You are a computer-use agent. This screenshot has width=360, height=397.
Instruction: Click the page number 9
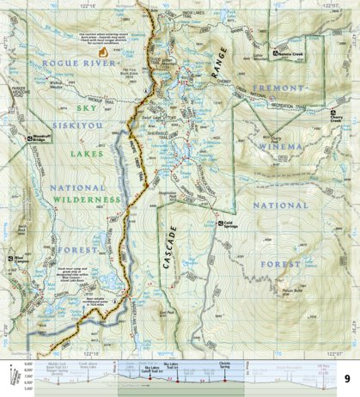point(345,379)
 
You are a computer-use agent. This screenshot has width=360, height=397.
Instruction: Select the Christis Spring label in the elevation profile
point(225,365)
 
